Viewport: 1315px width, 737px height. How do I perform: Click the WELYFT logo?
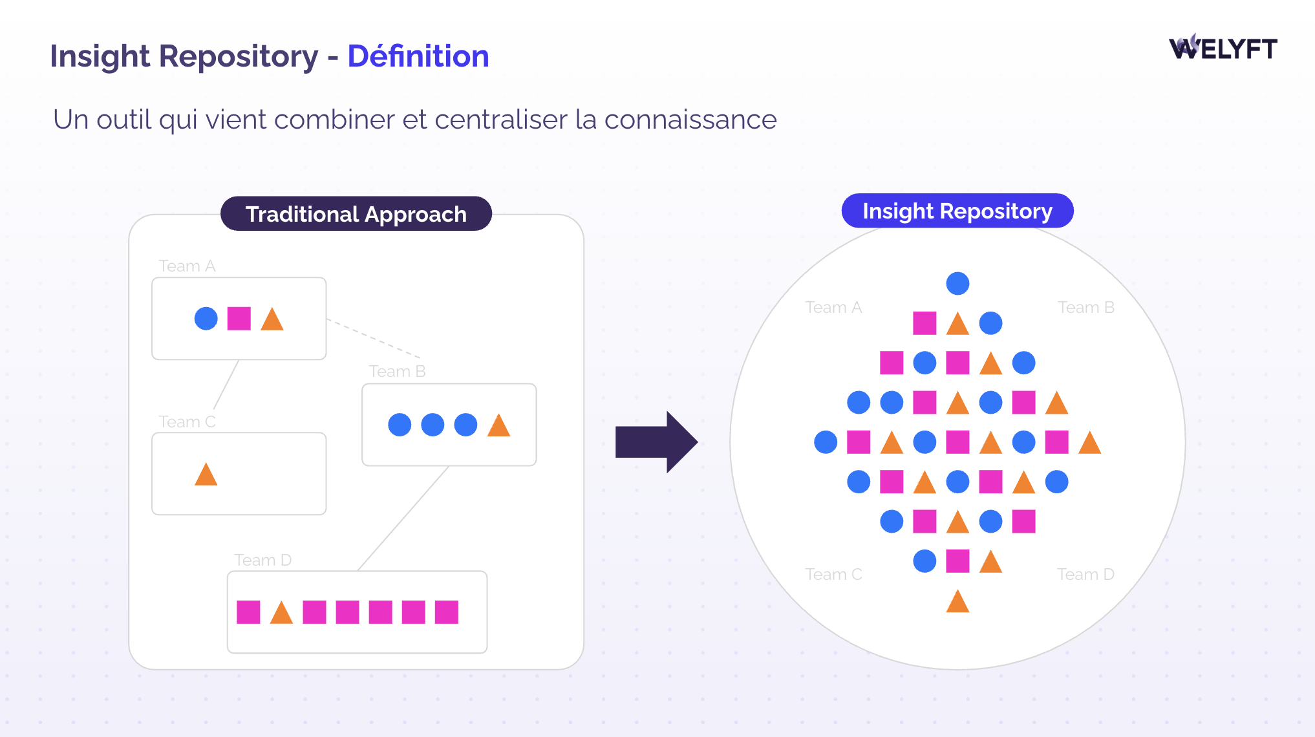(x=1223, y=47)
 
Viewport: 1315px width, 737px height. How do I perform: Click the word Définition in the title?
(x=418, y=56)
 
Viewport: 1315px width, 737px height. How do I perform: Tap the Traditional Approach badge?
(x=356, y=214)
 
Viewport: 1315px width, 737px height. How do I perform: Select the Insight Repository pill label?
(x=957, y=211)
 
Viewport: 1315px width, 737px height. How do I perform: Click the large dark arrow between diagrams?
(x=656, y=442)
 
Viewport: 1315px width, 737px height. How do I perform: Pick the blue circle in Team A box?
(x=206, y=319)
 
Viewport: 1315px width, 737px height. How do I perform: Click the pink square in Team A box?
(x=239, y=319)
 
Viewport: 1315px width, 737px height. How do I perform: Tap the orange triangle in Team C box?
(x=206, y=474)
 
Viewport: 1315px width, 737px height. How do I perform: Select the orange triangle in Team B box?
(x=498, y=425)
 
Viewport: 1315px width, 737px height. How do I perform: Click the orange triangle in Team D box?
(x=281, y=612)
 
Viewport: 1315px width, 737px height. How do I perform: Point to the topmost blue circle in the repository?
(x=957, y=283)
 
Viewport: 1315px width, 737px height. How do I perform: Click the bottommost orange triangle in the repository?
(x=957, y=601)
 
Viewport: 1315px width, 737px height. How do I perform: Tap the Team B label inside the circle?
(x=1086, y=308)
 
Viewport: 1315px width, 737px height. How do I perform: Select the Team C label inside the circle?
(x=833, y=574)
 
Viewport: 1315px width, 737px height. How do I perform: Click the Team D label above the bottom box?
(x=263, y=560)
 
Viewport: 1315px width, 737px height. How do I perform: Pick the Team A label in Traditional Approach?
(x=187, y=266)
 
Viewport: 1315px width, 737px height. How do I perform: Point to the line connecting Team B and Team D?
(x=403, y=518)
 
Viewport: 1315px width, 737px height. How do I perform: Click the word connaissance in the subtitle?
(x=690, y=120)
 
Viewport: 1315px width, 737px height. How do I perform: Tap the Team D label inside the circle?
(x=1086, y=574)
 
